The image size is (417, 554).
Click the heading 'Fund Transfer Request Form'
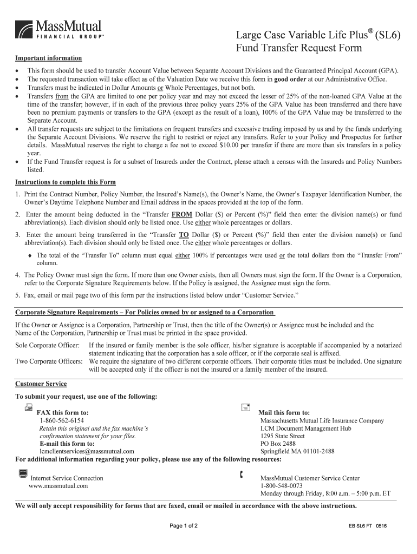[298, 48]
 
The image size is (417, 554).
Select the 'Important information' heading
[48, 58]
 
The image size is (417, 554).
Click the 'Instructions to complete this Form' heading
[65, 182]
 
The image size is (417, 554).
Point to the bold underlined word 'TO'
[184, 235]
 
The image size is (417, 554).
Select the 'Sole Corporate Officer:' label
[47, 345]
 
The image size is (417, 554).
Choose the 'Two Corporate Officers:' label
[49, 361]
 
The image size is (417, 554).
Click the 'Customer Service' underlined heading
[41, 384]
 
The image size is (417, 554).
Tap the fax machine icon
[28, 407]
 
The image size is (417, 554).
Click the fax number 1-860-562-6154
[61, 420]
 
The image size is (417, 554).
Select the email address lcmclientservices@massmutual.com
[87, 451]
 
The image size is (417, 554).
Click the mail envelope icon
[245, 407]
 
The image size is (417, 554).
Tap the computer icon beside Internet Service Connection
[23, 474]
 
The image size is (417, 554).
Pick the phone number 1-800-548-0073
[281, 486]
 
